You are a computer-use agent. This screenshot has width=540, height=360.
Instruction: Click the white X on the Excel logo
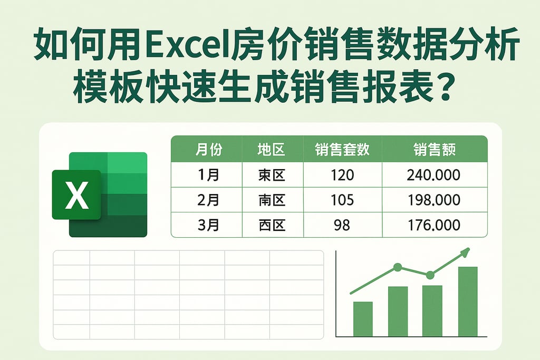[x=76, y=196]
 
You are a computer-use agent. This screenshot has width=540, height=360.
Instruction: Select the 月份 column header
[x=208, y=150]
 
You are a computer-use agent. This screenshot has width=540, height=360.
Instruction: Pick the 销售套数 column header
[x=342, y=150]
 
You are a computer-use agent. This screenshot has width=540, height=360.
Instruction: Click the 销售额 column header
[x=434, y=150]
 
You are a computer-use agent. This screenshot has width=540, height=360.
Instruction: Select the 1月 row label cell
[x=208, y=175]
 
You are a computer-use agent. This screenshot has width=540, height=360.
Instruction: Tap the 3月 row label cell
[x=208, y=226]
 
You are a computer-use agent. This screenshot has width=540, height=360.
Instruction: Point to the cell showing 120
[x=342, y=175]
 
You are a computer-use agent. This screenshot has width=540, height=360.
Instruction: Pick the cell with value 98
[x=342, y=226]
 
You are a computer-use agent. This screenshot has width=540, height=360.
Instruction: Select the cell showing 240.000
[x=434, y=175]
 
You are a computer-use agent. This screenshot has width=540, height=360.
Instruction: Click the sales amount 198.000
[x=434, y=200]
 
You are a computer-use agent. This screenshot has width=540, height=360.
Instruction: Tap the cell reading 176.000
[x=434, y=226]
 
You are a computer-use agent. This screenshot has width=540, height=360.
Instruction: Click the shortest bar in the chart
[x=363, y=319]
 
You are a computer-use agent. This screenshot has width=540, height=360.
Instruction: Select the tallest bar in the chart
[x=468, y=301]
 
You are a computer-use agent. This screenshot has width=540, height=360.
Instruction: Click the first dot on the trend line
[x=398, y=267]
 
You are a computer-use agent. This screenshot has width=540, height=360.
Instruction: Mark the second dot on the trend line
[x=430, y=275]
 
